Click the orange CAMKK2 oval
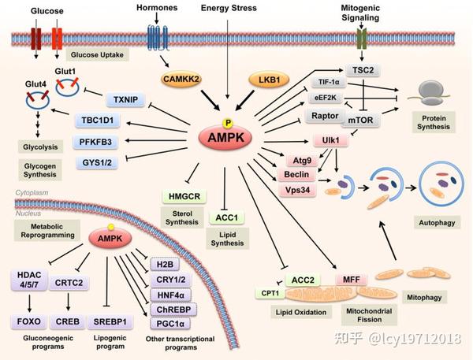[x=181, y=79]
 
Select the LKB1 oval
[x=269, y=80]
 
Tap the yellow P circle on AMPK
[x=228, y=123]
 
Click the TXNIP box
[x=125, y=99]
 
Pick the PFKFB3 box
[x=95, y=142]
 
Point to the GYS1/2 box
[x=97, y=163]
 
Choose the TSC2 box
[x=363, y=70]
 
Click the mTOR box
[x=360, y=120]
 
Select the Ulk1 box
[x=330, y=140]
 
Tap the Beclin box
[x=296, y=175]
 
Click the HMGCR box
[x=184, y=196]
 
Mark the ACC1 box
[x=226, y=217]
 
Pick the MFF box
[x=352, y=280]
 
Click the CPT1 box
[x=270, y=293]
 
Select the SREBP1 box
[x=110, y=321]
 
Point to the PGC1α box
[x=170, y=324]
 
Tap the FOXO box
[x=29, y=321]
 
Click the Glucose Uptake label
[x=97, y=55]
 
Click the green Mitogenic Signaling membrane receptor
[x=361, y=39]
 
